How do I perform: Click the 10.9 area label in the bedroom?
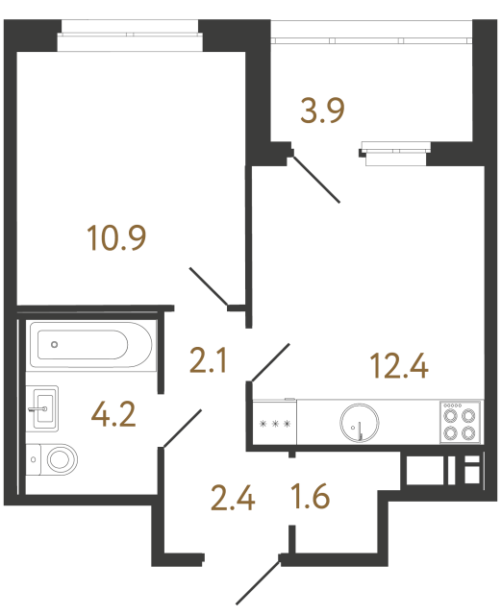pos(116,238)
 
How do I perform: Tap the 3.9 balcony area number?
pos(322,111)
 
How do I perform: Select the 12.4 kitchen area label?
pos(399,366)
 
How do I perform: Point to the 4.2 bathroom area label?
pos(113,415)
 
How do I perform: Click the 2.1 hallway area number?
pos(208,361)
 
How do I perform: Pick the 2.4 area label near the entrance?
pos(233,498)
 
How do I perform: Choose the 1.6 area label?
pos(311,497)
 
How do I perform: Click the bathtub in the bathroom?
pos(91,345)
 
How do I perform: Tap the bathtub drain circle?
pos(55,344)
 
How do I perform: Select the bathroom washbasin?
pos(42,408)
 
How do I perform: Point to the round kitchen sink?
pos(360,423)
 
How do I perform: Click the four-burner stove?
pos(460,423)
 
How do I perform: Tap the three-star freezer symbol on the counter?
pos(275,424)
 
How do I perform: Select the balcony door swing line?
pos(316,180)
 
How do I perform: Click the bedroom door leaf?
pos(209,286)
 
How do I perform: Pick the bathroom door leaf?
pos(182,429)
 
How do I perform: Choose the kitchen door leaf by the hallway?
pos(270,362)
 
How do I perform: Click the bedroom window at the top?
pos(130,35)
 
